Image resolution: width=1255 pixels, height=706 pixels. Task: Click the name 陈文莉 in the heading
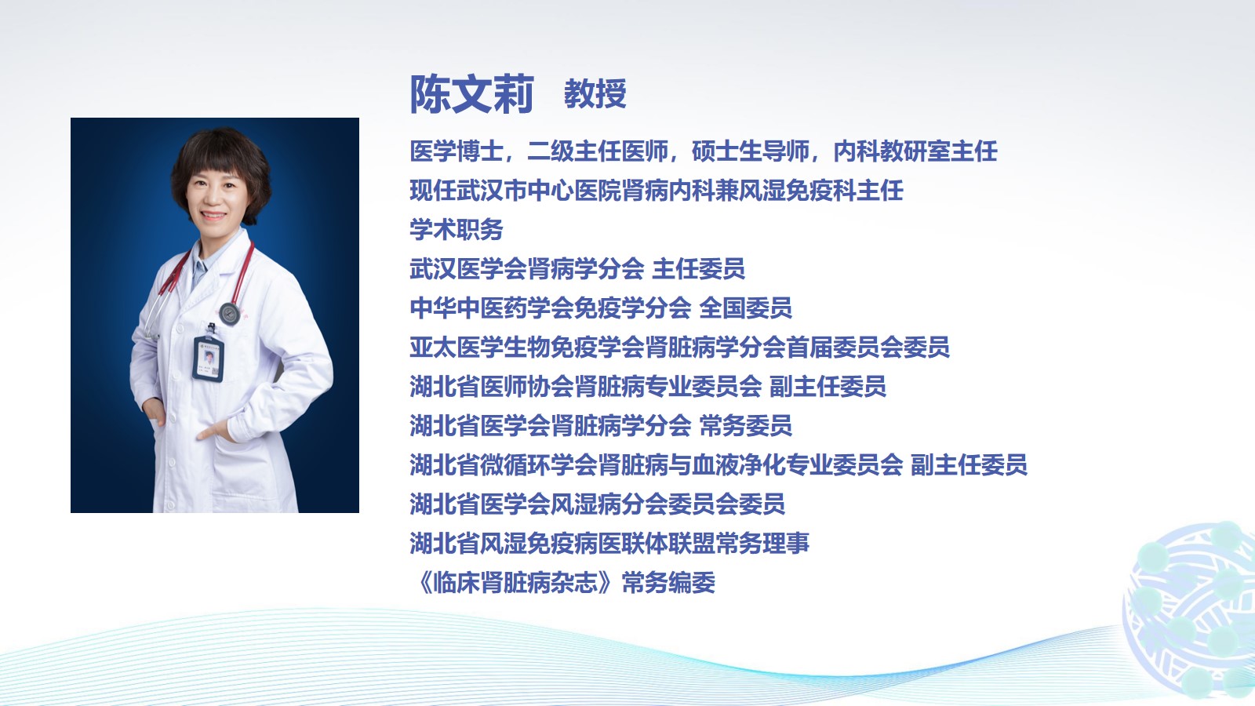point(471,94)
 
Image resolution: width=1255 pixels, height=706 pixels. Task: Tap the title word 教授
point(595,93)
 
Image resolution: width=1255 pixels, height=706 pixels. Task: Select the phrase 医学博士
point(457,151)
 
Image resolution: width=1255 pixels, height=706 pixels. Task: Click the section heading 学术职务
point(457,230)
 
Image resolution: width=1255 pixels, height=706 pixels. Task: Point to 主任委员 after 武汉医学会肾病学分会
point(699,269)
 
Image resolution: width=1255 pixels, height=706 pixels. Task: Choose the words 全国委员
point(746,308)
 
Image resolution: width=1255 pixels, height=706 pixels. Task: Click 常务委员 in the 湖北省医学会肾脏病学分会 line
point(746,426)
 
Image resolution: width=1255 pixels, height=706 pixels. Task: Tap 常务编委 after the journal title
point(669,583)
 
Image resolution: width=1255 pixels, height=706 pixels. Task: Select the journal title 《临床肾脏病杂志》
point(515,583)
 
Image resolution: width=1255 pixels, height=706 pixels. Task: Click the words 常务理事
point(762,544)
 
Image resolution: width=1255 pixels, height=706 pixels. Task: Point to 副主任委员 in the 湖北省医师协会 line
point(828,387)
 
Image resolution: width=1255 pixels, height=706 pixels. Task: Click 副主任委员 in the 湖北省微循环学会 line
point(969,465)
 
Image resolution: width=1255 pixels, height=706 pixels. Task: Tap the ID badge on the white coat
point(209,357)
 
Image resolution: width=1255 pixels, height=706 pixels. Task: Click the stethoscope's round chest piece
point(229,314)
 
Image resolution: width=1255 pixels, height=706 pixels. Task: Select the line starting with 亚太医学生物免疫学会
point(679,348)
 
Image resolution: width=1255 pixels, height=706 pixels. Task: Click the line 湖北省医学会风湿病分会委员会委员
point(597,504)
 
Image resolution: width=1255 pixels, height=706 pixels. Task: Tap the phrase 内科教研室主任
point(915,151)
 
